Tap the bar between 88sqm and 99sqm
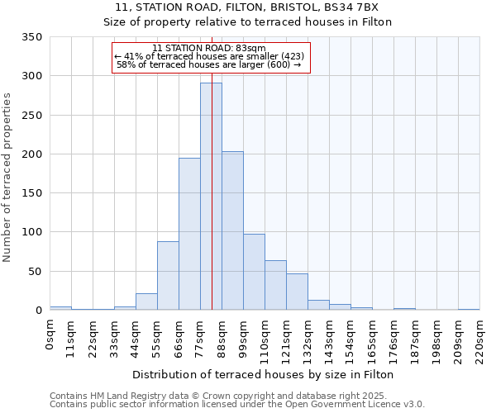point(232,230)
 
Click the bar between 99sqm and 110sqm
point(254,272)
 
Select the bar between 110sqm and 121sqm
point(275,285)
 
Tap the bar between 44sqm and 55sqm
point(146,301)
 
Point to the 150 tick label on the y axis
point(31,193)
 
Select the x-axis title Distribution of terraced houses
point(263,374)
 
